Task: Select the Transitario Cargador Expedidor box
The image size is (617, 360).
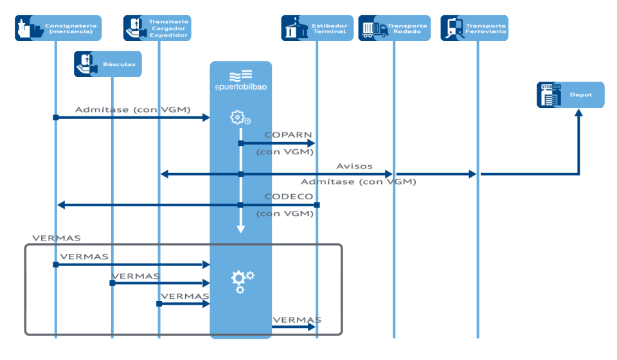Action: click(x=157, y=28)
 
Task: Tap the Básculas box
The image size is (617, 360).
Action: click(x=107, y=64)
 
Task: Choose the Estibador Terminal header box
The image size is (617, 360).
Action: click(x=317, y=28)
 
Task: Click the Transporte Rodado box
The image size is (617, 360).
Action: click(x=394, y=28)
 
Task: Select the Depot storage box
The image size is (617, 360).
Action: click(x=570, y=94)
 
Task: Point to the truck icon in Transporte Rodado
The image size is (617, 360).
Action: click(x=375, y=29)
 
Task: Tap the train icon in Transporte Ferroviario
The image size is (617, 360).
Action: click(x=454, y=28)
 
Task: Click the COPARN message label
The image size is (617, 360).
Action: click(x=289, y=135)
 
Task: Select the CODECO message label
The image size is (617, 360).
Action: click(x=289, y=197)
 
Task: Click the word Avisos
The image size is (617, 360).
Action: click(x=354, y=166)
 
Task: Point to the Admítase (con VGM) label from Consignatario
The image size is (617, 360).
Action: click(x=133, y=110)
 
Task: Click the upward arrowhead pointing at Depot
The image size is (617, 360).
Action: click(x=578, y=114)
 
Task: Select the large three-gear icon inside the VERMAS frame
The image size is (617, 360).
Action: click(x=242, y=280)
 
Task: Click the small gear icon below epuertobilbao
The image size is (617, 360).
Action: click(x=240, y=118)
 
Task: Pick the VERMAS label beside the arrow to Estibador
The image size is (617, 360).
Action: click(x=296, y=319)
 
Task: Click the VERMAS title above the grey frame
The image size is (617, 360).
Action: click(x=57, y=238)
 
